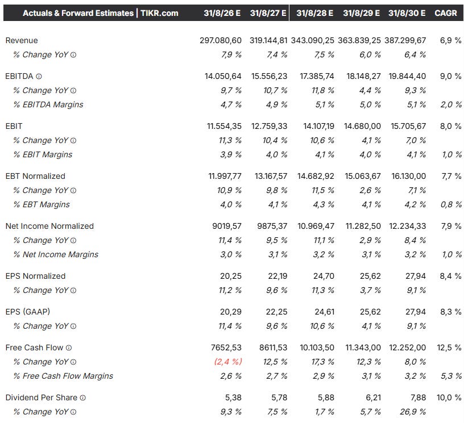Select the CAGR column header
pyautogui.click(x=445, y=13)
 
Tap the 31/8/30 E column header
pyautogui.click(x=407, y=13)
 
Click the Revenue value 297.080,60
pyautogui.click(x=218, y=41)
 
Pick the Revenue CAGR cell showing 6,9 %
pyautogui.click(x=450, y=41)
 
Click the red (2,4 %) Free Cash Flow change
pyautogui.click(x=227, y=362)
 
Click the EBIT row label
pyautogui.click(x=14, y=126)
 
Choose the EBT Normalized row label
pyautogui.click(x=35, y=176)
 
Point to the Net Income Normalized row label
pyautogui.click(x=49, y=226)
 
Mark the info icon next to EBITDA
pyautogui.click(x=39, y=76)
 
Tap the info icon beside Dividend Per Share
pyautogui.click(x=82, y=397)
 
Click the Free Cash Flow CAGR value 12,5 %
pyautogui.click(x=450, y=347)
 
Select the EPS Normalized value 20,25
pyautogui.click(x=231, y=276)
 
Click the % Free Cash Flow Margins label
pyautogui.click(x=63, y=376)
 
